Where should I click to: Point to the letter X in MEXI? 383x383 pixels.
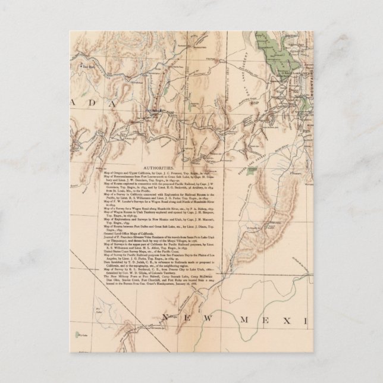click(x=281, y=321)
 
